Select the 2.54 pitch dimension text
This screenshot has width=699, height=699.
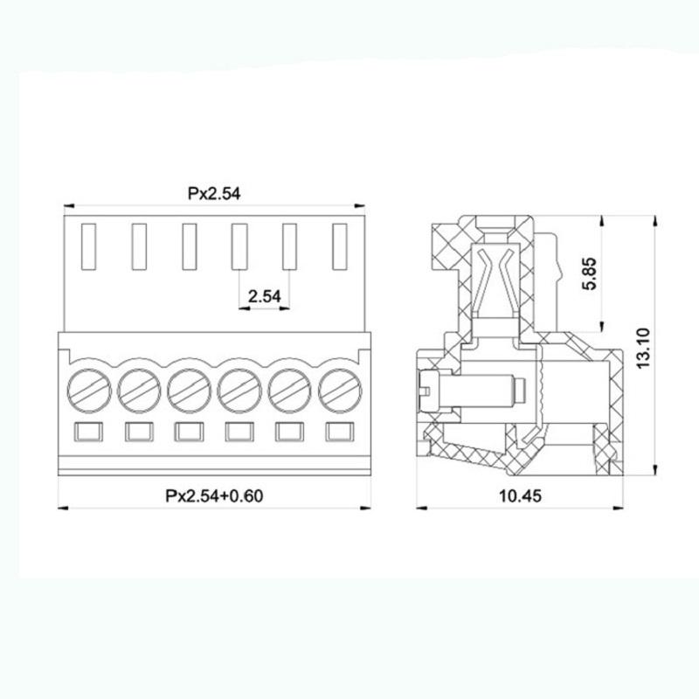coord(264,297)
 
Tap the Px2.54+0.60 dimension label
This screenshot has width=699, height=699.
coord(214,496)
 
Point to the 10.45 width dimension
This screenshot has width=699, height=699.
coord(522,496)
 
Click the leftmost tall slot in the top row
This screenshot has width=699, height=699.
coord(87,246)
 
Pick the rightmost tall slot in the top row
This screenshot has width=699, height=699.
coord(339,246)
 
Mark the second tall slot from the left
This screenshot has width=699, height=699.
coord(137,246)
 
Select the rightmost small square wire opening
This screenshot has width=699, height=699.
coord(339,431)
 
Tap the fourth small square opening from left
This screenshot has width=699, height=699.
coord(238,431)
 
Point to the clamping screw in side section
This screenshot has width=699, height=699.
coord(472,386)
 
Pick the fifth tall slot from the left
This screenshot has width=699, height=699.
coord(289,246)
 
